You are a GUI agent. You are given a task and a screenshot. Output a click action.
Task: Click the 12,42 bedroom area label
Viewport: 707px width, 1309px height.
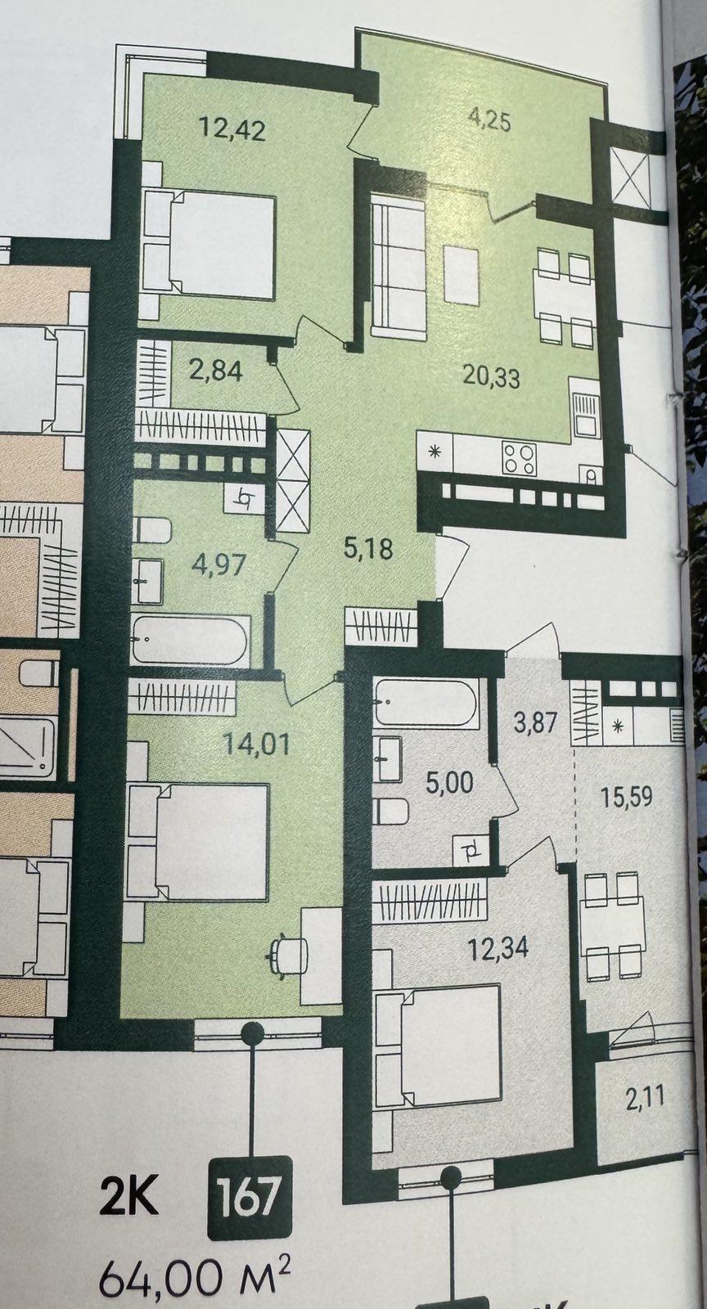pos(232,128)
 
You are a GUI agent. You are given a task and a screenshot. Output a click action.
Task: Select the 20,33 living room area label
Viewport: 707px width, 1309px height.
pos(491,378)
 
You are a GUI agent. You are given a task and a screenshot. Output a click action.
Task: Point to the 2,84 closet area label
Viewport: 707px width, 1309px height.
pos(215,371)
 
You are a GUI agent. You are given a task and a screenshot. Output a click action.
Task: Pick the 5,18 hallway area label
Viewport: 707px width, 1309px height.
pos(367,549)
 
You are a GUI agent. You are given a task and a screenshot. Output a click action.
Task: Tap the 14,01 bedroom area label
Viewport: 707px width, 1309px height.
pos(257,745)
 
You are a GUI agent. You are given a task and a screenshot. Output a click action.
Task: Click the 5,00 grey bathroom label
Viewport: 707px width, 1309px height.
pos(449,782)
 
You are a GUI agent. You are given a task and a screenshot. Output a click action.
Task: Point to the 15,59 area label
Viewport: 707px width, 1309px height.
pos(625,797)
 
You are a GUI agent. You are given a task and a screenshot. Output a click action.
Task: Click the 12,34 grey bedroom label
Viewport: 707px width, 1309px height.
pos(498,947)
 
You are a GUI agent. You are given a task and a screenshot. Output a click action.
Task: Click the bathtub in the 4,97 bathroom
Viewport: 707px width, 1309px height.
pos(191,639)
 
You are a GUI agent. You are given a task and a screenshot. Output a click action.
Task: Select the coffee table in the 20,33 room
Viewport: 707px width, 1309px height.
pos(462,275)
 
